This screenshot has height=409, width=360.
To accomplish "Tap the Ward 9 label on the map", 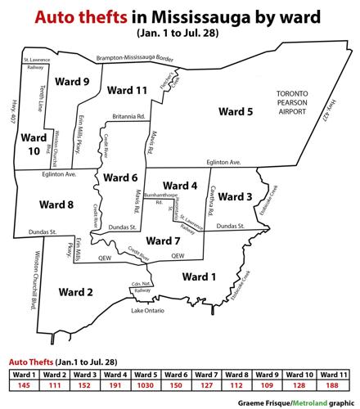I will pyautogui.click(x=72, y=82).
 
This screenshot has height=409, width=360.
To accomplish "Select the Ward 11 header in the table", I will pyautogui.click(x=336, y=374).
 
